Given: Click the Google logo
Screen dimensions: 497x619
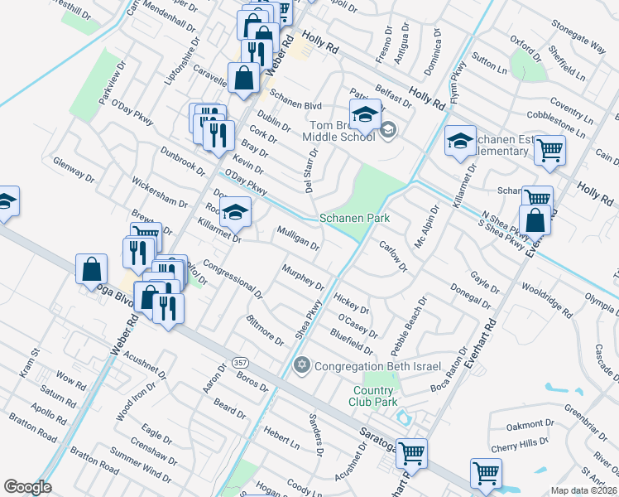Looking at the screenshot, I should (27, 487).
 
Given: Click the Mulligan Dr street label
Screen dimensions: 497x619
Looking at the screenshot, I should (298, 239).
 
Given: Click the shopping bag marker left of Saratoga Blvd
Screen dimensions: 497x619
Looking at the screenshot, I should (91, 269).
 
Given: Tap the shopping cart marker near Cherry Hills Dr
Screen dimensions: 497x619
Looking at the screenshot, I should (486, 473).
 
